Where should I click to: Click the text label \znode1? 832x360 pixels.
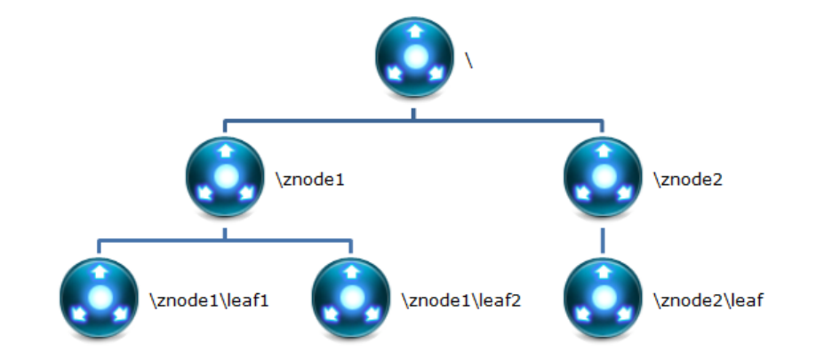[310, 180]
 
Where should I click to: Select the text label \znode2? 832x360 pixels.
[688, 180]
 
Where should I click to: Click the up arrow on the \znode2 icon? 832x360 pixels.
[603, 152]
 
